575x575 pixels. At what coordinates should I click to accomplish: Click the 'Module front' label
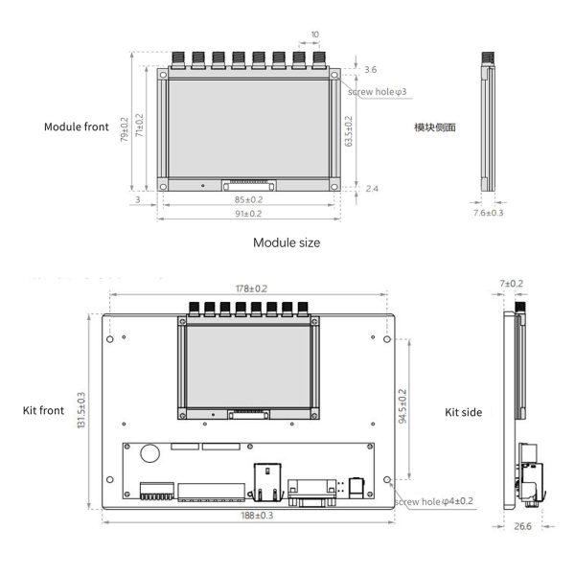[x=77, y=126]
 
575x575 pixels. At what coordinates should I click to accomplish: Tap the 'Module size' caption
[x=287, y=242]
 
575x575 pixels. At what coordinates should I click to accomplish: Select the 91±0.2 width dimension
[x=248, y=214]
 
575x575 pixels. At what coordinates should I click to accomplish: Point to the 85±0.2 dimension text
[x=248, y=200]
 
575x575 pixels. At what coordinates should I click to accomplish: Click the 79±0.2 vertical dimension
[x=125, y=129]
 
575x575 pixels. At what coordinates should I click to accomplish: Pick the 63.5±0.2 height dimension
[x=349, y=131]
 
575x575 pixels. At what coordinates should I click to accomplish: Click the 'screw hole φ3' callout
[x=377, y=92]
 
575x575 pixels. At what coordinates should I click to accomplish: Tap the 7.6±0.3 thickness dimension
[x=488, y=213]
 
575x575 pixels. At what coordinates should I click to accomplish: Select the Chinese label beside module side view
[x=435, y=127]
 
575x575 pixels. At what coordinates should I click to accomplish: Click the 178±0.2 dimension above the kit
[x=251, y=288]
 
